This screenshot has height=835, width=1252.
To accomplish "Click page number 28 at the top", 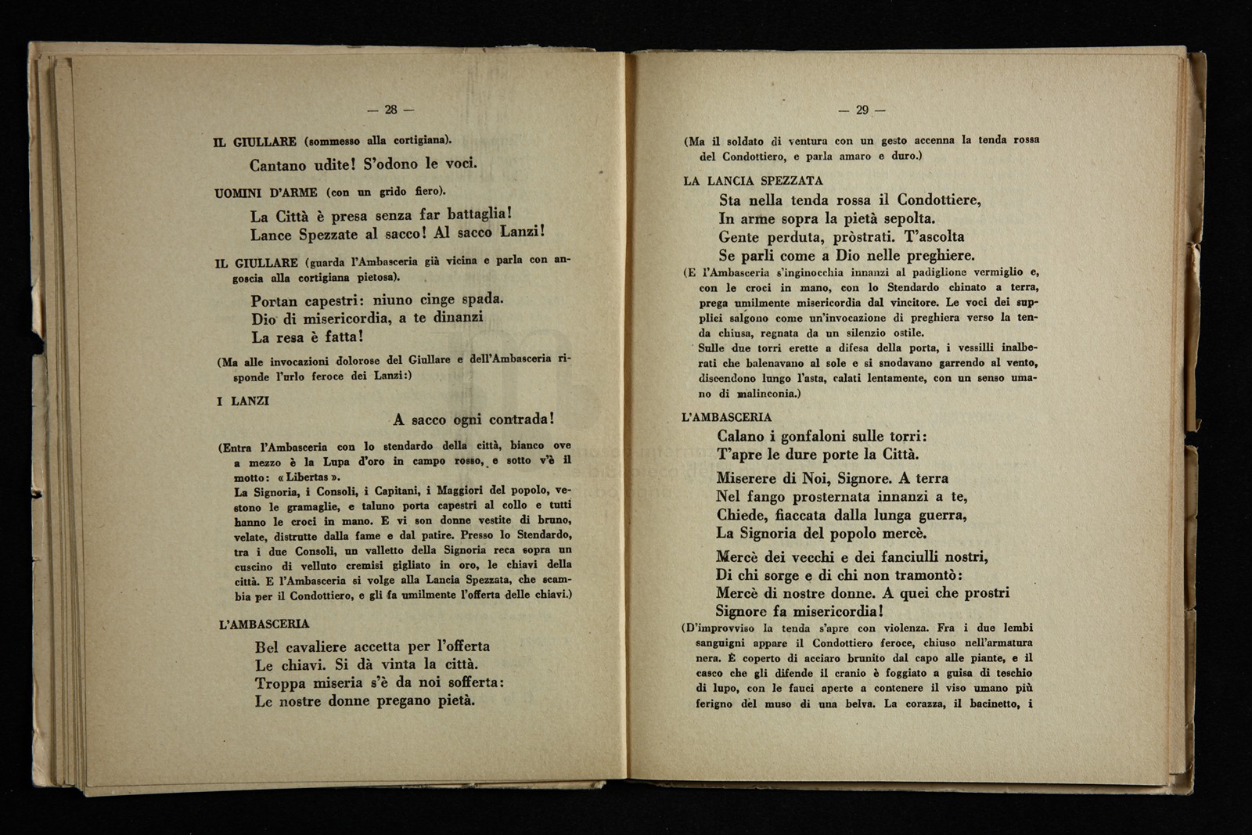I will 391,110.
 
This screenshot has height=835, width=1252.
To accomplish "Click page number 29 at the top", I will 862,110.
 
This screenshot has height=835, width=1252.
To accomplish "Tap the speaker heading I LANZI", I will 243,401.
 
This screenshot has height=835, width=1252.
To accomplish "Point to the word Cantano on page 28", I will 278,165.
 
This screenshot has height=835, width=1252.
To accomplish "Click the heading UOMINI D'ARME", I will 265,193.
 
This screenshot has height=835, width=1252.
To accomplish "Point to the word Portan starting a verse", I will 275,301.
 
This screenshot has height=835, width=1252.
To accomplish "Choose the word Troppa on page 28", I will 281,683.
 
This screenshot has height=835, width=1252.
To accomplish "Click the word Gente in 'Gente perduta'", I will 739,237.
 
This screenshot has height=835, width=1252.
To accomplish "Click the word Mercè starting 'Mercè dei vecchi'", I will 739,557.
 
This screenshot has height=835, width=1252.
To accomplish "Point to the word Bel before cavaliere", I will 268,647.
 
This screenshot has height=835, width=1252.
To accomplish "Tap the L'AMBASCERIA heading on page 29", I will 727,418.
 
